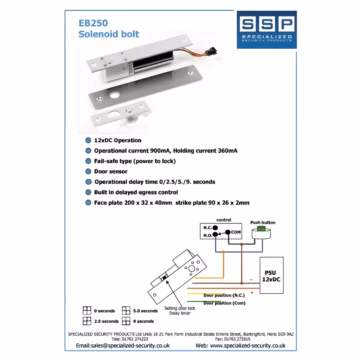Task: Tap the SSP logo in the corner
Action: [266, 30]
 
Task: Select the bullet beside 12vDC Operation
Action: [88, 140]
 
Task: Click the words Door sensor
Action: [111, 171]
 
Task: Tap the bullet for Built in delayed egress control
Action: [88, 192]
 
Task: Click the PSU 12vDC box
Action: [271, 275]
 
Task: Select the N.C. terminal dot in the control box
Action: [215, 228]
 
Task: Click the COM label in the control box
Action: [236, 232]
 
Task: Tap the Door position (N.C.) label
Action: [222, 295]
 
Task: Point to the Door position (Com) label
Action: [224, 303]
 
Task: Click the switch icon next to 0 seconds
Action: [87, 310]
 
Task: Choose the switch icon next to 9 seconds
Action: [126, 321]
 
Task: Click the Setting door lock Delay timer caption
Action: [180, 311]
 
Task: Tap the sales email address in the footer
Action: [123, 346]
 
